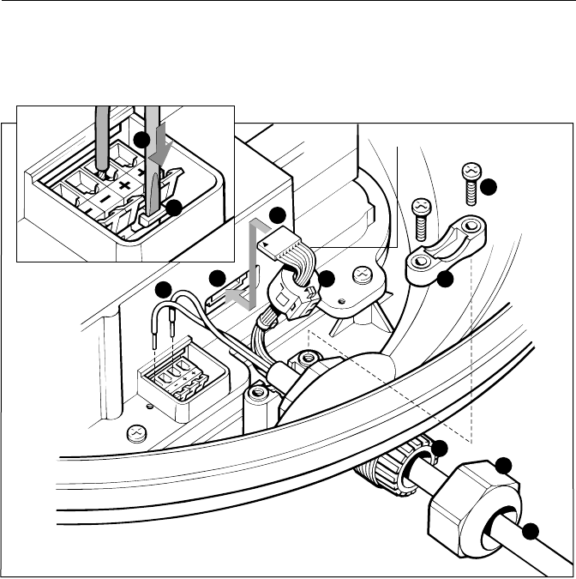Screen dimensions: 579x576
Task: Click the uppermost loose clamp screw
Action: pyautogui.click(x=470, y=176)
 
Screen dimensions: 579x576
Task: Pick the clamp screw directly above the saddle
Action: pyautogui.click(x=421, y=218)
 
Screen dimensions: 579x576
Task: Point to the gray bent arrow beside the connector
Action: pyautogui.click(x=252, y=262)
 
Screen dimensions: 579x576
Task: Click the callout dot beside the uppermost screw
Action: pyautogui.click(x=488, y=186)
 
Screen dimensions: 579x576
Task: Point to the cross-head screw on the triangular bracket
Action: pyautogui.click(x=362, y=275)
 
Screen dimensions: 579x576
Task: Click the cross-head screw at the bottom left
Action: pyautogui.click(x=135, y=431)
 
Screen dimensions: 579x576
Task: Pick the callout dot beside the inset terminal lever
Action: pyautogui.click(x=174, y=207)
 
